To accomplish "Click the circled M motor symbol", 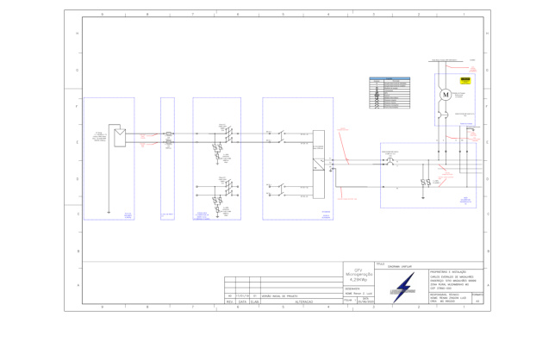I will pos(446,94).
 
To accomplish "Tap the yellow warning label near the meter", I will pos(465,79).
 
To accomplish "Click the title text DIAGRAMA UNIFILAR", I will pos(399,267).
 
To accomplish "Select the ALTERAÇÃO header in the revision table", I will pos(304,301).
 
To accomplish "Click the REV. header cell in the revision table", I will pos(229,301).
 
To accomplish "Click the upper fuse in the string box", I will pos(169,133).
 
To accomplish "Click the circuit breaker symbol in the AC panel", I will pos(390,161).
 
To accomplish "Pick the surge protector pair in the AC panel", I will pos(425,183).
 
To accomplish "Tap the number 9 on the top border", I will pos(102,15).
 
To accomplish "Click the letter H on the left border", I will pos(78,34).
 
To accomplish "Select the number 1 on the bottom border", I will pos(463,307).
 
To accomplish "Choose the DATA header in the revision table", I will pos(243,301).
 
